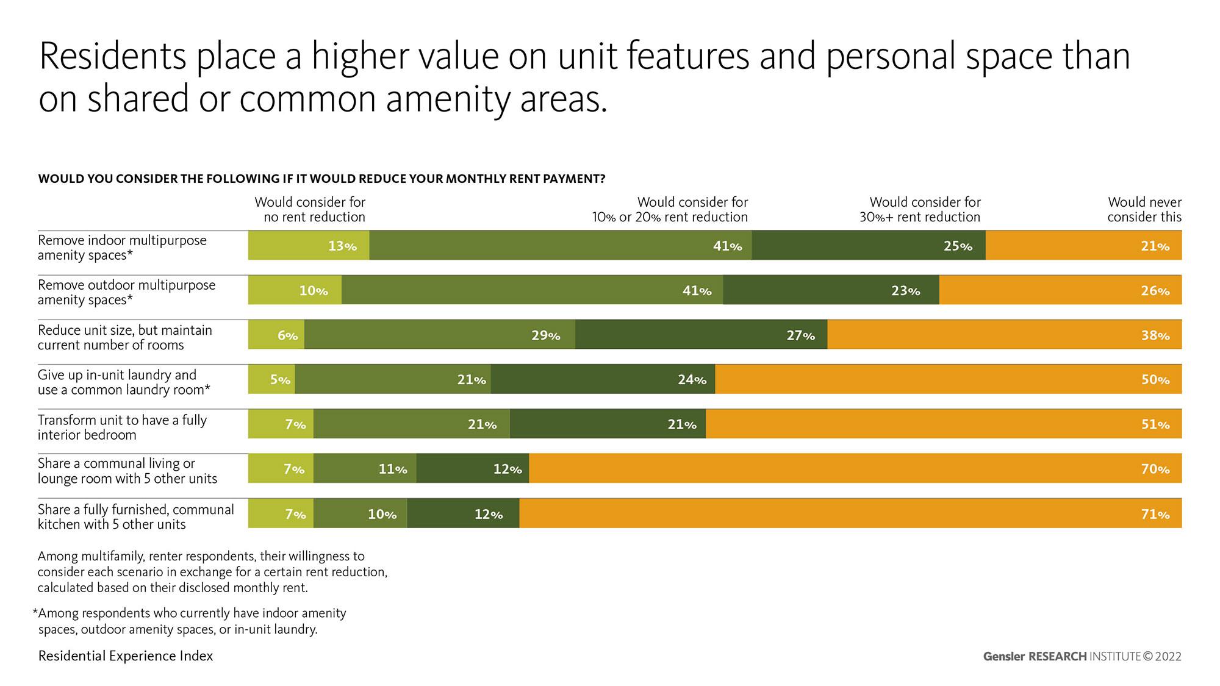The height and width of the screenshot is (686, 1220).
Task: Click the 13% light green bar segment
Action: click(x=309, y=246)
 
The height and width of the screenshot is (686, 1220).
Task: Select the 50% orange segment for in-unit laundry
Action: click(x=948, y=379)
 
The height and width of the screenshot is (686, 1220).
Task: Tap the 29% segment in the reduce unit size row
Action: click(x=439, y=335)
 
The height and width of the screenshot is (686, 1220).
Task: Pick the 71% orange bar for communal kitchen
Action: click(x=850, y=514)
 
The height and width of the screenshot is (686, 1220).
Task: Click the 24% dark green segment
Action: click(x=603, y=379)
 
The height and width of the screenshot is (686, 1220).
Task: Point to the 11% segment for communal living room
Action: click(x=365, y=469)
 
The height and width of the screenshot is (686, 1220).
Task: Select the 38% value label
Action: click(x=1155, y=335)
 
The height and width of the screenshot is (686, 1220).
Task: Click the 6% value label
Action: click(x=287, y=335)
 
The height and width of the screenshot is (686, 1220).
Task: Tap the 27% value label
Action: click(x=800, y=335)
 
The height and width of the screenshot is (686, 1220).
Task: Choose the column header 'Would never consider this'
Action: click(x=1144, y=210)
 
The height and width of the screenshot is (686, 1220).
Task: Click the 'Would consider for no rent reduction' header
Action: click(x=310, y=210)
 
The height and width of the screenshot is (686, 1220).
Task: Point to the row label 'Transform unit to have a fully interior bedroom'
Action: click(x=122, y=427)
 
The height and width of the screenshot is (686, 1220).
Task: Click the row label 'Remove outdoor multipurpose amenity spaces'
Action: click(x=126, y=292)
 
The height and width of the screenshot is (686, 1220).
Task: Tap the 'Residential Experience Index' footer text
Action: click(x=126, y=656)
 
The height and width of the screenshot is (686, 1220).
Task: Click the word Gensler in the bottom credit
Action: click(x=1004, y=657)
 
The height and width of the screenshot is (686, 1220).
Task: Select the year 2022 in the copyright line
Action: click(x=1168, y=657)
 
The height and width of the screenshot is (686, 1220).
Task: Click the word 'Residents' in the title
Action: click(x=113, y=56)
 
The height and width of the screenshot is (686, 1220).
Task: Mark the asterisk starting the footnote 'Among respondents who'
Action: click(x=35, y=612)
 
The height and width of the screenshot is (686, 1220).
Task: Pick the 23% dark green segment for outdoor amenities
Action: click(x=831, y=290)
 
